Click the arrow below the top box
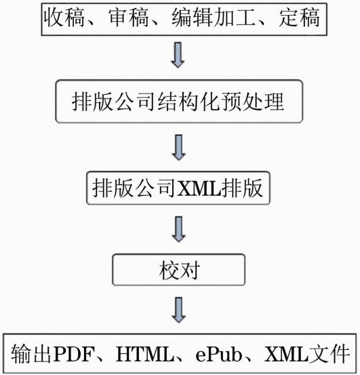point(178,55)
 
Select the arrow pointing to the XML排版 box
point(178,147)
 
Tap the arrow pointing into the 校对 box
point(178,229)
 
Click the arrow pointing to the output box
point(178,310)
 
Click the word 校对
point(179,271)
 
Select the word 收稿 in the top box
point(64,18)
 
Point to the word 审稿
point(128,18)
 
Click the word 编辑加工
point(214,18)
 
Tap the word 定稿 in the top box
point(299,18)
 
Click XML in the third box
point(199,188)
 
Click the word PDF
point(73,354)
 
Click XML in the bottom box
point(286,354)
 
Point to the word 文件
point(329,354)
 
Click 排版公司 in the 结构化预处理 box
point(114,102)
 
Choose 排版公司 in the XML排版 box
point(134,188)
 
